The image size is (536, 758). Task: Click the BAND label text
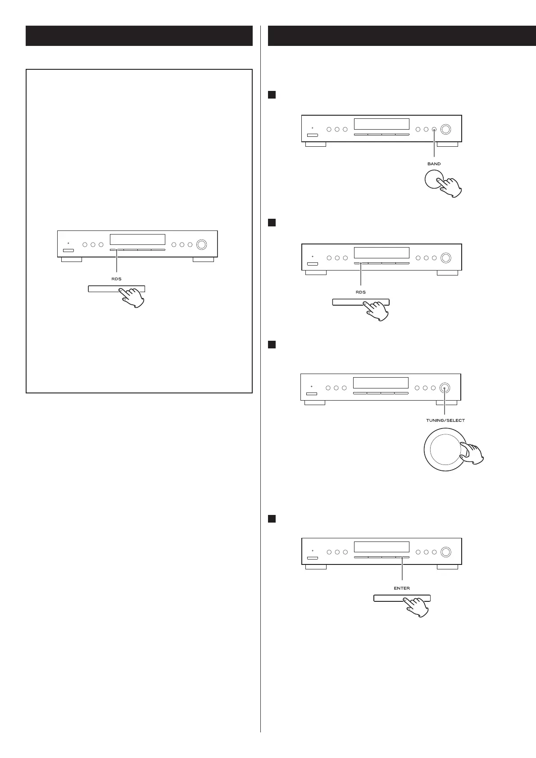pos(434,164)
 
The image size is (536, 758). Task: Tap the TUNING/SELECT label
pos(445,420)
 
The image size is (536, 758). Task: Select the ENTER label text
pos(402,588)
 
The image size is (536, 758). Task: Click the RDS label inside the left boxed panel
pos(116,279)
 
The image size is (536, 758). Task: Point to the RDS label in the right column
pos(360,292)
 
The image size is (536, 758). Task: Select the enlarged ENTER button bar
pos(387,598)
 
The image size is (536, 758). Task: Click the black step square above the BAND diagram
pos(272,95)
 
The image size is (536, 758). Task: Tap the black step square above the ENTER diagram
pos(272,519)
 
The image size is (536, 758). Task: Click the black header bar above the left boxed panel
pos(139,36)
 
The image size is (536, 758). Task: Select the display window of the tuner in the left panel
pos(137,239)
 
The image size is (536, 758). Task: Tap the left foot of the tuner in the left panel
pos(72,259)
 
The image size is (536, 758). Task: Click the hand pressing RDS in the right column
pos(377,311)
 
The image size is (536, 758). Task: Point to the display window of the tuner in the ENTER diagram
pos(382,547)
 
